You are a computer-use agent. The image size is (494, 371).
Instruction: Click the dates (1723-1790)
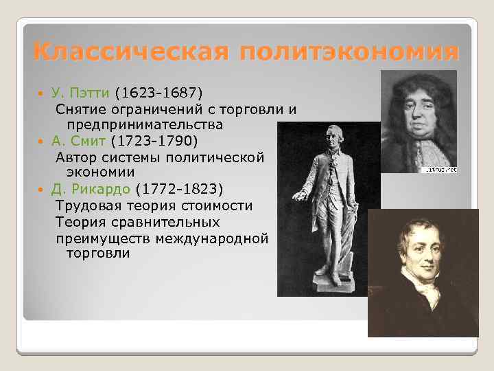click(x=154, y=142)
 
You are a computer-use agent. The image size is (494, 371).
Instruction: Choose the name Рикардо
click(x=102, y=189)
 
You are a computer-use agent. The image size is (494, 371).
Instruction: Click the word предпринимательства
click(x=145, y=124)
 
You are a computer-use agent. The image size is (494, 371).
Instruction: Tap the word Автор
click(x=76, y=157)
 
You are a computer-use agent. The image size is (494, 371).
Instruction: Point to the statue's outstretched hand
click(x=298, y=196)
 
